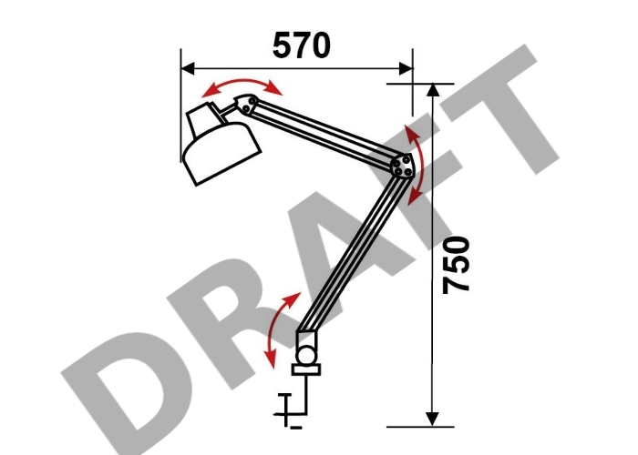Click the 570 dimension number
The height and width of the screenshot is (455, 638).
[301, 45]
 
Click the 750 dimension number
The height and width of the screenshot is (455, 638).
[456, 265]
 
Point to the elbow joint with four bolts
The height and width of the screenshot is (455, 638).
[403, 167]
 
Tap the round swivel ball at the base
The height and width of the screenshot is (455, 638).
[306, 355]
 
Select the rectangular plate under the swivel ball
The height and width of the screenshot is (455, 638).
[306, 369]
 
